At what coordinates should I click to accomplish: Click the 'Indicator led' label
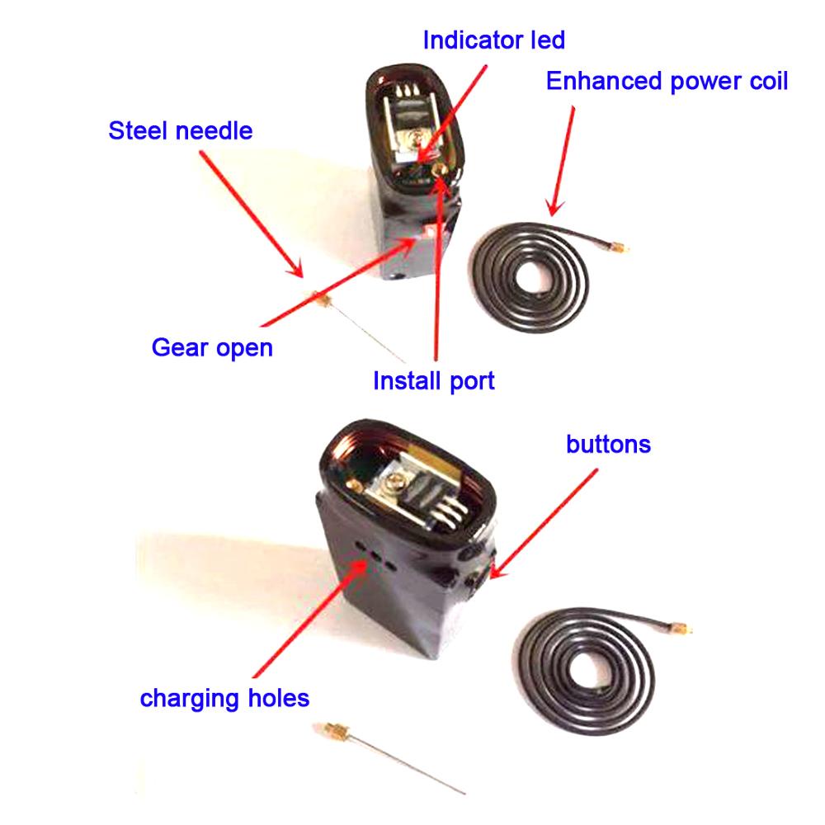pyautogui.click(x=494, y=40)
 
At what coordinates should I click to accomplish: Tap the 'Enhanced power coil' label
pyautogui.click(x=667, y=81)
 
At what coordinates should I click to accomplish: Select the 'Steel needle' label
pyautogui.click(x=181, y=130)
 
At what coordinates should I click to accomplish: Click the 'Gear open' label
pyautogui.click(x=212, y=348)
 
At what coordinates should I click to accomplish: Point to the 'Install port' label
pyautogui.click(x=434, y=380)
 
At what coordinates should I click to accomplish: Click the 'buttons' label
pyautogui.click(x=608, y=445)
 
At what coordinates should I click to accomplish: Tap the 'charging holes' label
pyautogui.click(x=224, y=699)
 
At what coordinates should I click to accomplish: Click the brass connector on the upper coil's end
pyautogui.click(x=619, y=247)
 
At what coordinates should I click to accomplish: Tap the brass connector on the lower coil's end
pyautogui.click(x=681, y=627)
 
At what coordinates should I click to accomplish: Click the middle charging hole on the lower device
pyautogui.click(x=375, y=555)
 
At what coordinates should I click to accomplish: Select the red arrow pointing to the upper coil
pyautogui.click(x=561, y=161)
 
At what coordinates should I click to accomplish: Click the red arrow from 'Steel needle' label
pyautogui.click(x=252, y=214)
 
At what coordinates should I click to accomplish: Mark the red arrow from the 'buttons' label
pyautogui.click(x=544, y=524)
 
